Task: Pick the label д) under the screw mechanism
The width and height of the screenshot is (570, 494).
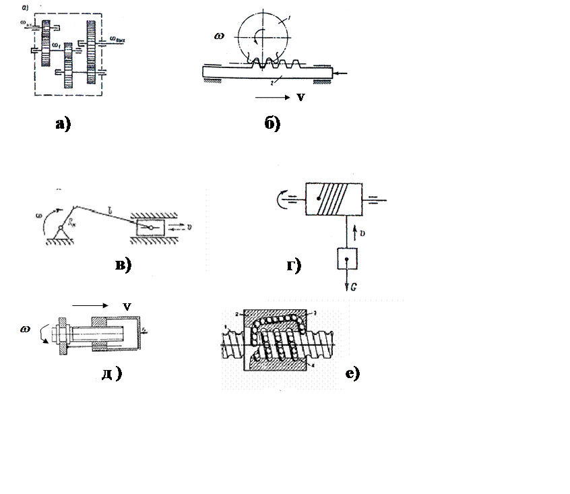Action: coord(112,374)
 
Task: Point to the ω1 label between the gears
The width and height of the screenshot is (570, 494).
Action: coord(58,46)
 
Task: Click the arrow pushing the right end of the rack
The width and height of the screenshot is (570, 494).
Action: coord(343,73)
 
